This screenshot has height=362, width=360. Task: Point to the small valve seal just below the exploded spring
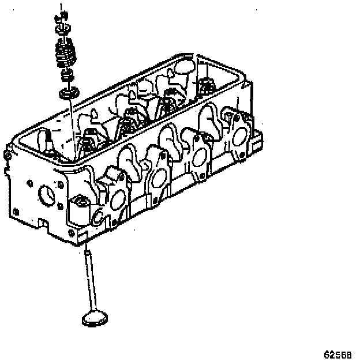[67, 74]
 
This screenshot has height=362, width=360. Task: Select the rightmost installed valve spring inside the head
[206, 86]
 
